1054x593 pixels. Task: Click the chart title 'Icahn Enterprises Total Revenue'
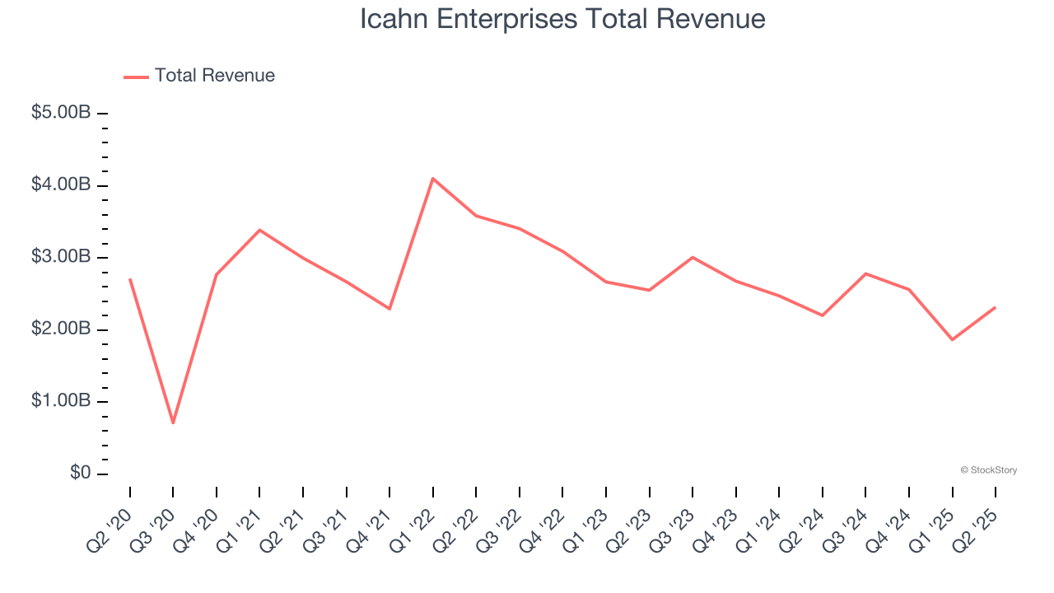tap(562, 19)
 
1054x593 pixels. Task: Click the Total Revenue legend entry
tap(199, 76)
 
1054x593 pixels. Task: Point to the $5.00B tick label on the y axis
tap(61, 113)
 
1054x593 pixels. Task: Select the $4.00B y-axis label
tap(61, 185)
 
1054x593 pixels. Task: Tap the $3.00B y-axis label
tap(61, 257)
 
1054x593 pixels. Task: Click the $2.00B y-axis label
tap(61, 329)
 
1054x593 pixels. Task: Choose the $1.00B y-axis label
tap(61, 401)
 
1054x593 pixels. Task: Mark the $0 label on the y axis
tap(80, 474)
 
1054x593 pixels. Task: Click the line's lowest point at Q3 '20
tap(173, 423)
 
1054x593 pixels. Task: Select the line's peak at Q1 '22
tap(433, 179)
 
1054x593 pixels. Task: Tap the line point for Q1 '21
tap(260, 230)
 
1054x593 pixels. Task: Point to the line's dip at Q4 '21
tap(389, 309)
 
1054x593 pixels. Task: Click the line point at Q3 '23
tap(693, 257)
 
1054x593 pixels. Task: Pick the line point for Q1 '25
tap(952, 339)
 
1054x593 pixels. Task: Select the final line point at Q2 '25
tap(996, 307)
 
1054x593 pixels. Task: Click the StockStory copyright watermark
tap(988, 470)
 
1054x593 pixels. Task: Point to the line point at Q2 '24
tap(823, 315)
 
